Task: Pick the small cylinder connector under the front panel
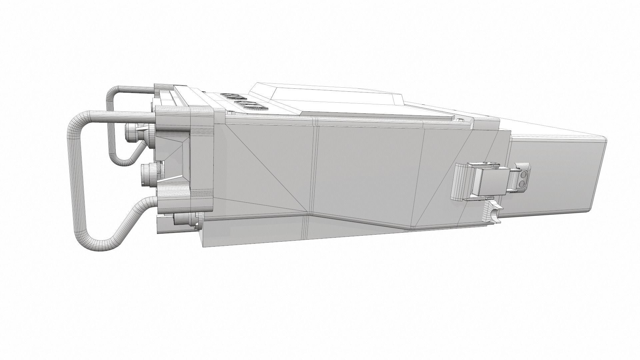pyautogui.click(x=182, y=219)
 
